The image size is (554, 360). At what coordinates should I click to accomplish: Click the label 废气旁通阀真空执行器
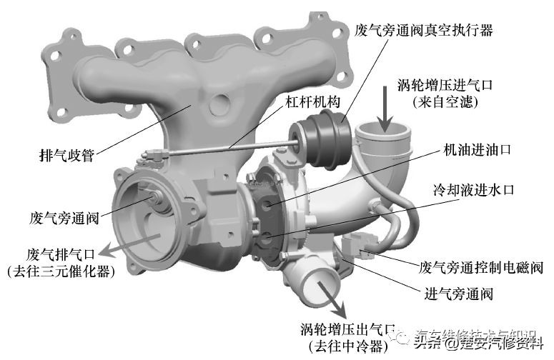423,31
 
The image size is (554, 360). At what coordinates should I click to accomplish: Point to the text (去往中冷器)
347,346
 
